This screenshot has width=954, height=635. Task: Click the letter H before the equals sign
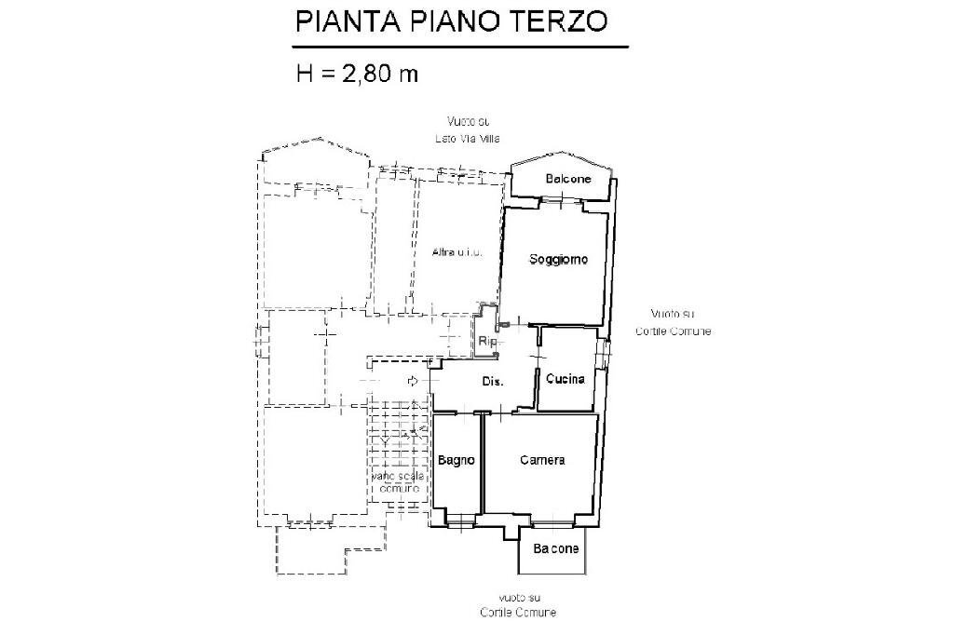point(305,74)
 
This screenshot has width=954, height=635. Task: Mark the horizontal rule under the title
point(460,46)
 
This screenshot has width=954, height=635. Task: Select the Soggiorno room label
point(558,260)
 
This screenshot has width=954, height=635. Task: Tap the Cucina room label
point(566,379)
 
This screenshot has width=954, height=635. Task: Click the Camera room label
point(542,460)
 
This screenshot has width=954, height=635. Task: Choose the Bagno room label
point(457,460)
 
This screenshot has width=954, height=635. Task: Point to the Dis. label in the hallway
point(493,383)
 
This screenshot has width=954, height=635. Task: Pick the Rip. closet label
point(487,342)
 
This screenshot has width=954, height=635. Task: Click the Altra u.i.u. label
point(457,252)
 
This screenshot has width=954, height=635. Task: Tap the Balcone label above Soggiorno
point(567,179)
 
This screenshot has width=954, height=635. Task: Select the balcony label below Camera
point(556,548)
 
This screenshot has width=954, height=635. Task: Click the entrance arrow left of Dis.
point(413,380)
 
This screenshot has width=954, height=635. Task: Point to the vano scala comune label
point(399,481)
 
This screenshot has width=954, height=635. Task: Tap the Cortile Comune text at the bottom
point(518,612)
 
